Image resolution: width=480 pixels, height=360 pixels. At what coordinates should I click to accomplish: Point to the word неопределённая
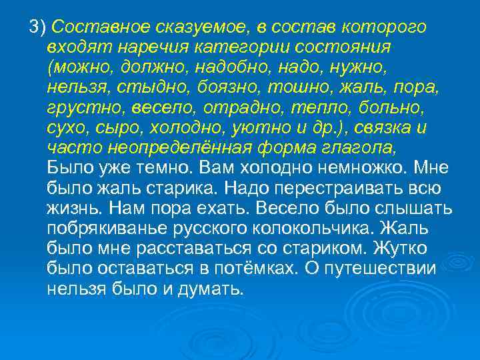[159, 148]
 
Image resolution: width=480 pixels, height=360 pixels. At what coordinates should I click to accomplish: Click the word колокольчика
[313, 229]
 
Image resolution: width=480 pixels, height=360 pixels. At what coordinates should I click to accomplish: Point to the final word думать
[211, 289]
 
